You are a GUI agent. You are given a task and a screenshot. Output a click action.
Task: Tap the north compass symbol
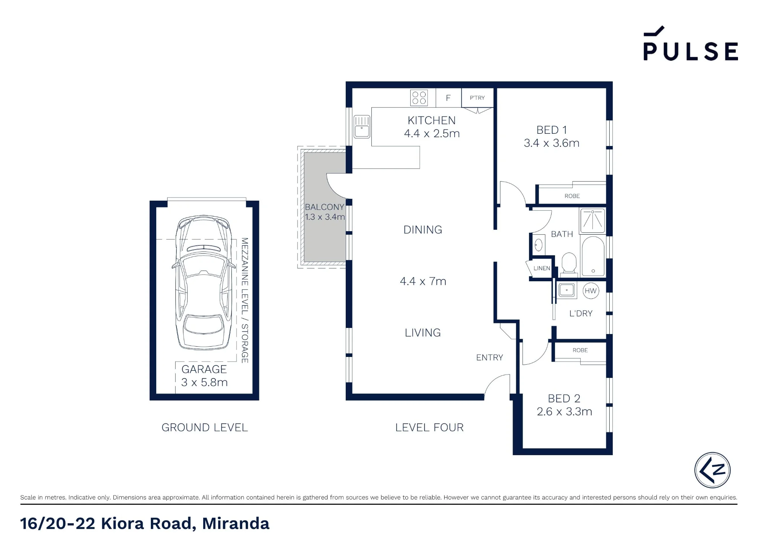pyautogui.click(x=712, y=470)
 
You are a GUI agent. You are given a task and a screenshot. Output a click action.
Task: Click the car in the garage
pyautogui.click(x=204, y=282)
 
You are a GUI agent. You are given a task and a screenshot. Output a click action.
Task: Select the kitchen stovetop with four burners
pyautogui.click(x=419, y=98)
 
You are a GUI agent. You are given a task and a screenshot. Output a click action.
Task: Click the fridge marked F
pyautogui.click(x=448, y=98)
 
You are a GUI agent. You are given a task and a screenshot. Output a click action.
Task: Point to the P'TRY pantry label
pyautogui.click(x=477, y=98)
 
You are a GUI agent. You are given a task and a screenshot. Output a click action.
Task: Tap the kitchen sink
pyautogui.click(x=362, y=126)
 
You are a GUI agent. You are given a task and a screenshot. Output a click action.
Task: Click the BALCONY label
pyautogui.click(x=324, y=207)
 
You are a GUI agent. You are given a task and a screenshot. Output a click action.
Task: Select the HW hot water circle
pyautogui.click(x=591, y=291)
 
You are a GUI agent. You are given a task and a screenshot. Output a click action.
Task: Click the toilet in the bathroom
pyautogui.click(x=569, y=263)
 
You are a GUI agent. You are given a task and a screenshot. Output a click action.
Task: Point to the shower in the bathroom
pyautogui.click(x=592, y=221)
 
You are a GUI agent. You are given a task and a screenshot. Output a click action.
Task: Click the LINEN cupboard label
pyautogui.click(x=542, y=268)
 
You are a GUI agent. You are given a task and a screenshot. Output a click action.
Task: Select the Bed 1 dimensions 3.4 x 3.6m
pyautogui.click(x=552, y=143)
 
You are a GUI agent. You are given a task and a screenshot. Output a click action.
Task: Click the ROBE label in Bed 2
pyautogui.click(x=580, y=350)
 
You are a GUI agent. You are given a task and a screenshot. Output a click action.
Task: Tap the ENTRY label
pyautogui.click(x=489, y=357)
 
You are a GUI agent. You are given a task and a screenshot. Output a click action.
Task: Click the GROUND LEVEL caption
pyautogui.click(x=205, y=427)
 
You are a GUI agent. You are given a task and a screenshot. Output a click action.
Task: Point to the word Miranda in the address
pyautogui.click(x=236, y=524)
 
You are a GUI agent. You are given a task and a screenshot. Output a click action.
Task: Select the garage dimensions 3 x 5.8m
pyautogui.click(x=204, y=382)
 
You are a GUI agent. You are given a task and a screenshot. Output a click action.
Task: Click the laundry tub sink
pyautogui.click(x=567, y=290)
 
